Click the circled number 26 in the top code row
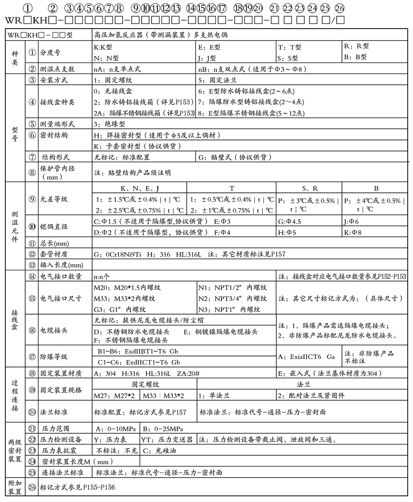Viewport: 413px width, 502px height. pos(339,8)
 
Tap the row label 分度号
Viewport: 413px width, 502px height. pos(50,53)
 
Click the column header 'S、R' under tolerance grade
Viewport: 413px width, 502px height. pos(310,188)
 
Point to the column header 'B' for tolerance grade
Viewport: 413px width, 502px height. pos(376,188)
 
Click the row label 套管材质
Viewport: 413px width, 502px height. pos(54,254)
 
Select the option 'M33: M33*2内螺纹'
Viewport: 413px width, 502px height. pos(125,298)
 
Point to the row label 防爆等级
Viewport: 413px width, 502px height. pos(54,357)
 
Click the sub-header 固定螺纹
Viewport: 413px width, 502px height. pos(145,384)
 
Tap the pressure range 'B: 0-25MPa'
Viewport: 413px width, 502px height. pos(163,428)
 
